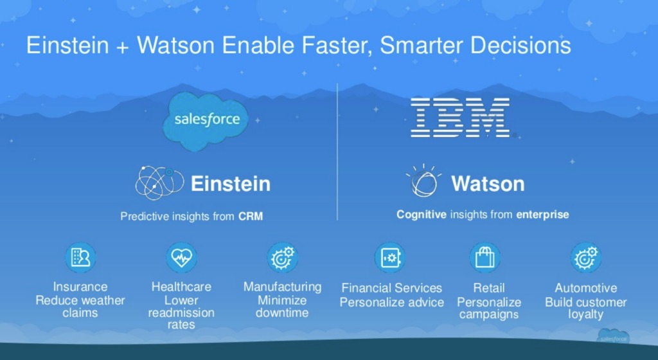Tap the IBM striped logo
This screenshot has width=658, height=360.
click(x=460, y=118)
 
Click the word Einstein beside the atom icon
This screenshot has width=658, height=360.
click(x=231, y=184)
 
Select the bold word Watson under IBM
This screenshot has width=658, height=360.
click(x=488, y=184)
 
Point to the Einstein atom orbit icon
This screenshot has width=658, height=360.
click(x=159, y=183)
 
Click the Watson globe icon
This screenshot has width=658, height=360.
click(x=424, y=181)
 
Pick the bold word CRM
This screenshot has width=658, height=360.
click(x=251, y=217)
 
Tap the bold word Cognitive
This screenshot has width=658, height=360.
click(x=422, y=215)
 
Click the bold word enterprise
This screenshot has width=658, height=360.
click(x=542, y=215)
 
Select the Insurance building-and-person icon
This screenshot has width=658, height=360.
click(x=80, y=258)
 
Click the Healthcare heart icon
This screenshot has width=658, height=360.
click(x=181, y=258)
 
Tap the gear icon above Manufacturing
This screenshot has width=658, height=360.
click(x=283, y=258)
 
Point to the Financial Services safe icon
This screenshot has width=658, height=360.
click(x=390, y=258)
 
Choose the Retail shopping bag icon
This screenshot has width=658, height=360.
click(x=485, y=258)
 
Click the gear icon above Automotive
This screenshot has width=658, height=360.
click(x=586, y=258)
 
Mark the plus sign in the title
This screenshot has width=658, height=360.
click(x=123, y=47)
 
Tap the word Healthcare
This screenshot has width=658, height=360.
click(x=181, y=287)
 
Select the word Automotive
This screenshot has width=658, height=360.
click(x=586, y=288)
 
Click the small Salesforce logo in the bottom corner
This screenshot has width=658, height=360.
click(x=613, y=337)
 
